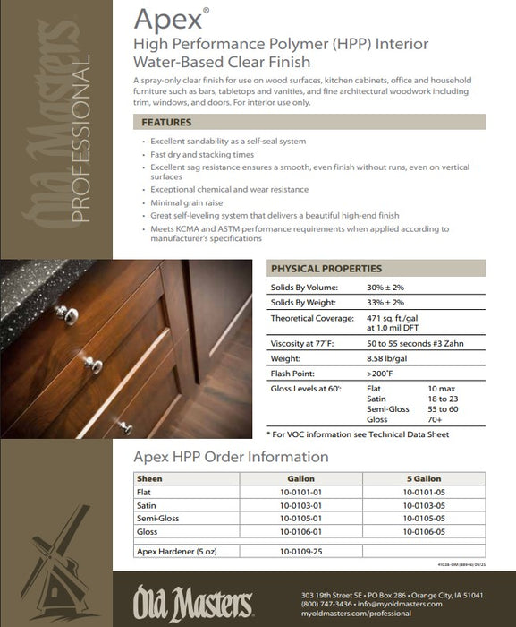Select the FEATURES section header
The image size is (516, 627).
[x=166, y=122]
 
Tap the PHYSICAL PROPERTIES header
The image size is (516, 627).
[x=326, y=268]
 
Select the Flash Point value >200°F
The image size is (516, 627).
[x=382, y=373]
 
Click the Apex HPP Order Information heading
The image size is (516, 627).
[x=231, y=458]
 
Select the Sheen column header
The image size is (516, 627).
[x=149, y=478]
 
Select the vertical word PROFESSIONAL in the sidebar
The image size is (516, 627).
[x=78, y=138]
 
